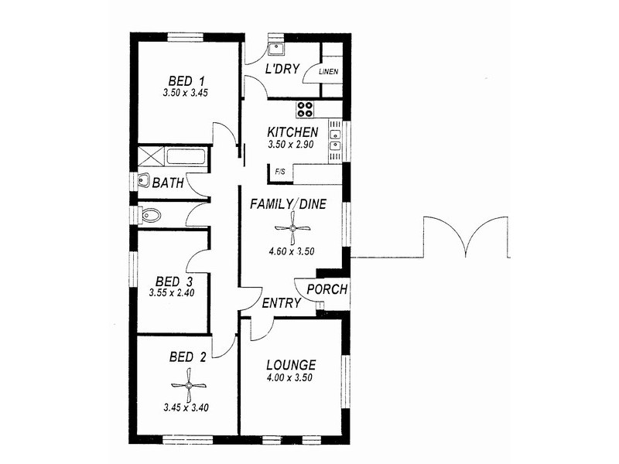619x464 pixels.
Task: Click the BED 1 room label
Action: click(x=186, y=80)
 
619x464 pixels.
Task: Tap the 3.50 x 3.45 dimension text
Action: click(x=186, y=93)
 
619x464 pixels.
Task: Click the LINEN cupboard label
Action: click(x=328, y=72)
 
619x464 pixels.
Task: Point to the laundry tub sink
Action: click(x=276, y=49)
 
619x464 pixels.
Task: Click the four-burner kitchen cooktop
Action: click(x=306, y=108)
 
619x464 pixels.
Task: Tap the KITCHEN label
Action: click(x=292, y=131)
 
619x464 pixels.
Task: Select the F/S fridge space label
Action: click(x=279, y=171)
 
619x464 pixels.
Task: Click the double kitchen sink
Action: click(x=335, y=138)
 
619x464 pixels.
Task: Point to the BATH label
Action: click(x=168, y=183)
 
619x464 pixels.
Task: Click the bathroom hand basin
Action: click(x=143, y=182)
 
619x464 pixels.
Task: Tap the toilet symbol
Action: click(x=149, y=215)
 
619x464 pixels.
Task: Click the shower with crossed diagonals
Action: click(x=150, y=155)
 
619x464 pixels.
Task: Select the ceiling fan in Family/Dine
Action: click(x=292, y=227)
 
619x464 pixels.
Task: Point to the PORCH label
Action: click(x=327, y=290)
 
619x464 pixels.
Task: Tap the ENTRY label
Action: click(x=281, y=303)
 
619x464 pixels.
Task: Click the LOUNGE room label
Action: click(x=290, y=365)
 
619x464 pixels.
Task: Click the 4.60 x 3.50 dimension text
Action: click(x=292, y=251)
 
